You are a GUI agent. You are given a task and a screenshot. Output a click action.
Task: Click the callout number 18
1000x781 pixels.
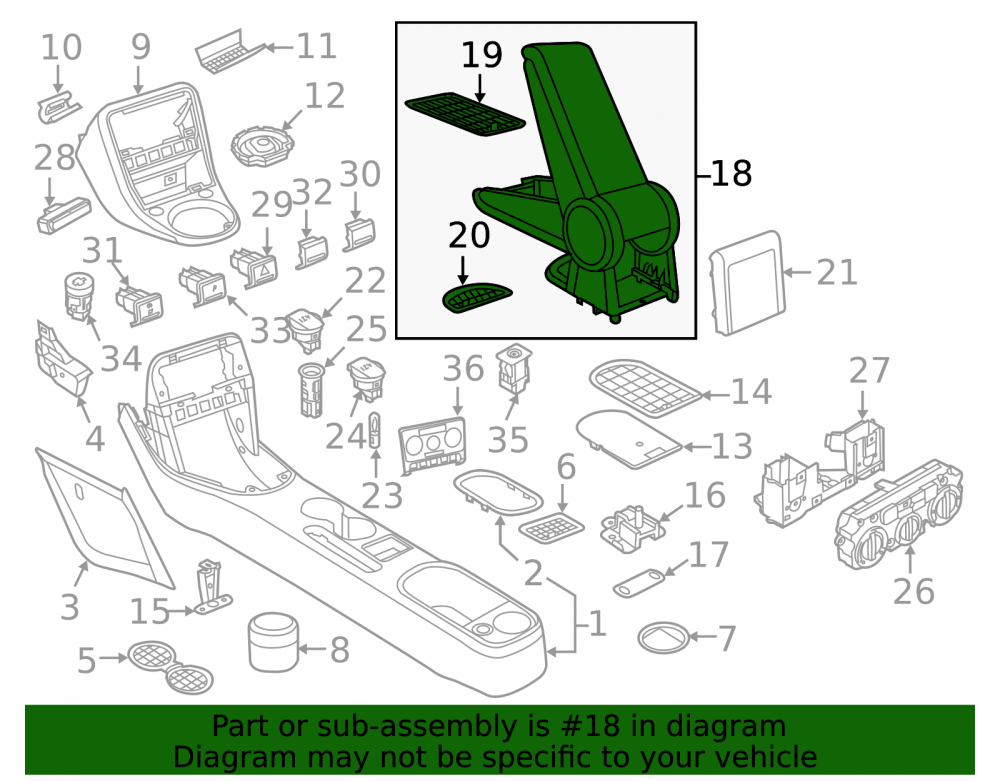(x=731, y=173)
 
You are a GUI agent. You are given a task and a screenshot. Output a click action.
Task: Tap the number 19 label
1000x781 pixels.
(x=482, y=55)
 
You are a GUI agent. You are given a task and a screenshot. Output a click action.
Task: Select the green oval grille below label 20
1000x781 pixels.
(x=477, y=298)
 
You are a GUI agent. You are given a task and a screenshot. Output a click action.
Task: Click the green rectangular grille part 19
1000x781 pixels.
(x=465, y=114)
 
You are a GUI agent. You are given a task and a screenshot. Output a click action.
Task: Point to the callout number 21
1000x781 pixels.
(x=837, y=272)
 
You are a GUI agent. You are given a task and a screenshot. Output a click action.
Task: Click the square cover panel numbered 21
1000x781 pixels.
(x=746, y=282)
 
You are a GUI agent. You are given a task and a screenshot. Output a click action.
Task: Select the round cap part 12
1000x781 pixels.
(x=263, y=146)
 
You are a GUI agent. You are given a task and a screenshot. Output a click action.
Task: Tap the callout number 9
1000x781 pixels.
(x=141, y=47)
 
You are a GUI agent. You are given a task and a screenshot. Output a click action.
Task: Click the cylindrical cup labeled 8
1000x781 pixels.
(x=274, y=642)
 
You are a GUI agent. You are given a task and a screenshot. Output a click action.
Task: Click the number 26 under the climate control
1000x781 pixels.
(x=913, y=592)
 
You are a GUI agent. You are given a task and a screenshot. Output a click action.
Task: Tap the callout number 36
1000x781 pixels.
(x=464, y=369)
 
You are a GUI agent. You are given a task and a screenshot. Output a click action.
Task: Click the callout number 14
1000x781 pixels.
(x=751, y=391)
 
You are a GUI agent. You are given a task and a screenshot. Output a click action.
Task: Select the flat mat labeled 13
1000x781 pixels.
(x=629, y=439)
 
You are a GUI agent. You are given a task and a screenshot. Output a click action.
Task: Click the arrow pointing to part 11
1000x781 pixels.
(x=279, y=47)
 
